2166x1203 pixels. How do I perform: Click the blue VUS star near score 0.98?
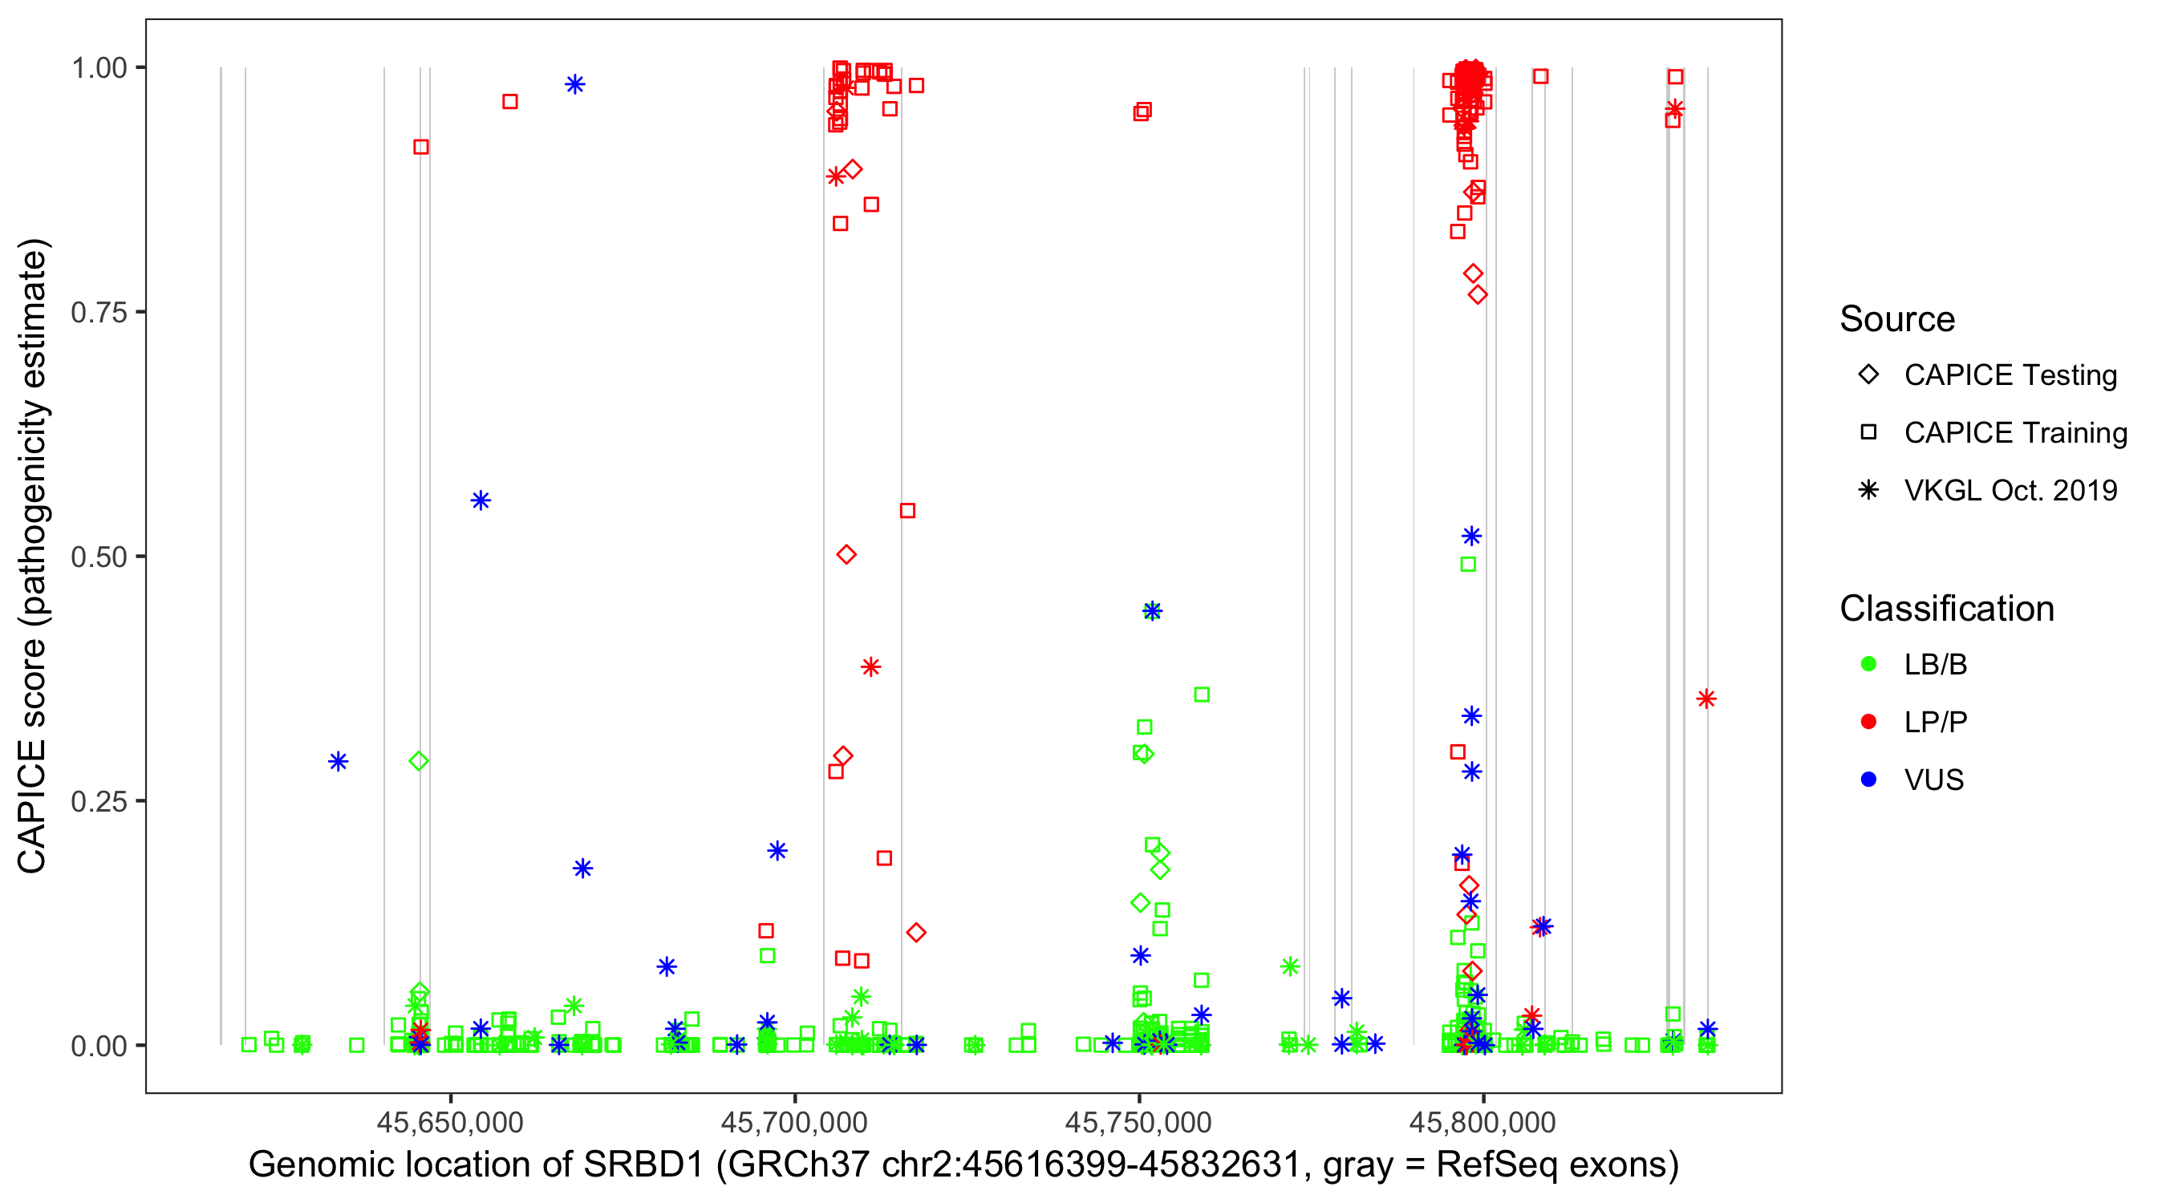575,84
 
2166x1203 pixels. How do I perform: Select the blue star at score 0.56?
480,501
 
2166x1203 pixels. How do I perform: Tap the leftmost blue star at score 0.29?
338,762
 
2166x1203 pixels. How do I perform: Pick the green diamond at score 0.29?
419,761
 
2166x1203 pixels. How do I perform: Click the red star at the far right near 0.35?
1706,699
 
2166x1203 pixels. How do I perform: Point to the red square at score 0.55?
907,510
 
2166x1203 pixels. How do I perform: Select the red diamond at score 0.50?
846,555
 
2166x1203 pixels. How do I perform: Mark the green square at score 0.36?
1202,695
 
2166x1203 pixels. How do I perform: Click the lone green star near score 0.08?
1290,966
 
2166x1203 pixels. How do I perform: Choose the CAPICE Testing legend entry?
2010,375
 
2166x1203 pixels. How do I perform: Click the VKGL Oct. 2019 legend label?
2010,491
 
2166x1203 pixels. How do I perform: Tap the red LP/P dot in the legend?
1869,722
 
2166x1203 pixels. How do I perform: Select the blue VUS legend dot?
1869,780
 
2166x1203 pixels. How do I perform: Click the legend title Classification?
1946,609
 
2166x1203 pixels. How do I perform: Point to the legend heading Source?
1897,319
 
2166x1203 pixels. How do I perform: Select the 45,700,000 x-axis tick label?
793,1122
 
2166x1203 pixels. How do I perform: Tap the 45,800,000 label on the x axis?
1483,1122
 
